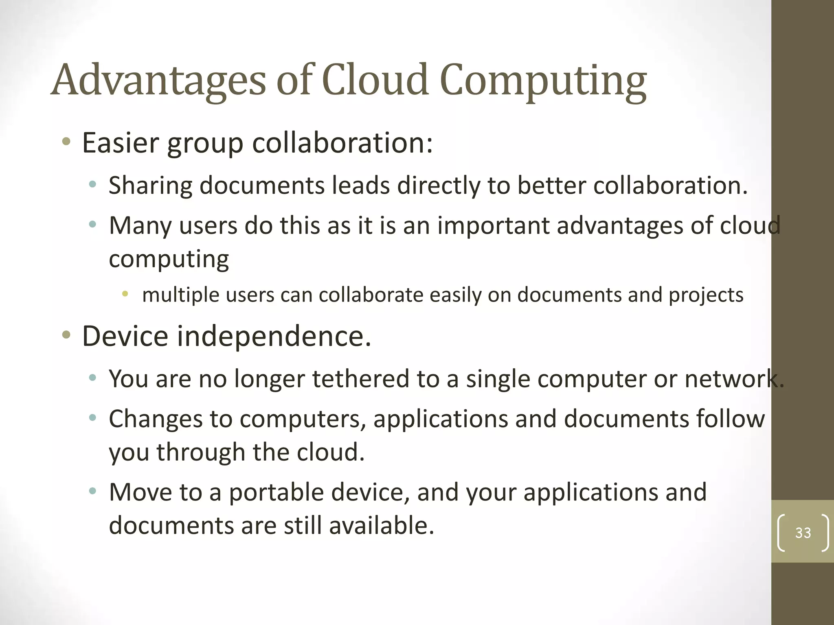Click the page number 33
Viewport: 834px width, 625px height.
pyautogui.click(x=803, y=533)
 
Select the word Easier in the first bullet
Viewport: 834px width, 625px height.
pyautogui.click(x=121, y=143)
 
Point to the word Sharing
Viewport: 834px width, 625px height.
pyautogui.click(x=150, y=186)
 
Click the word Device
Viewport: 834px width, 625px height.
pyautogui.click(x=125, y=337)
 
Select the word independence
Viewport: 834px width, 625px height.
pyautogui.click(x=274, y=337)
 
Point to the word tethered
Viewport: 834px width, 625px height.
pyautogui.click(x=360, y=379)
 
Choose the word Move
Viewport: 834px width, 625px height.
pyautogui.click(x=140, y=492)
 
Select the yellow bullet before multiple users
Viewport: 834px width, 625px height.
pyautogui.click(x=125, y=293)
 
